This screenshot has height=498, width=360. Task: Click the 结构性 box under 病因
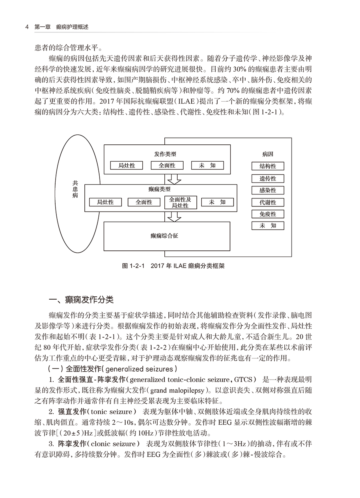tap(268, 166)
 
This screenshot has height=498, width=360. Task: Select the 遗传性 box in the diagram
tap(268, 178)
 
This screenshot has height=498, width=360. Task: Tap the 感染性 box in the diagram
tap(268, 190)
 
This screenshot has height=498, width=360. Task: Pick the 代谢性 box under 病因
tap(268, 202)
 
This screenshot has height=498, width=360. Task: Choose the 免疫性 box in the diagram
tap(268, 214)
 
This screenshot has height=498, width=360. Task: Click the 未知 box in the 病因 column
tap(268, 226)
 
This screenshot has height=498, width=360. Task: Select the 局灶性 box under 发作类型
tap(127, 166)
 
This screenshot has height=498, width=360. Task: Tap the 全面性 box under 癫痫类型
tap(144, 202)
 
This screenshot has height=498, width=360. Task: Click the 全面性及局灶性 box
tap(180, 202)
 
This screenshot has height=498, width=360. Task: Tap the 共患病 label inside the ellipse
tap(75, 189)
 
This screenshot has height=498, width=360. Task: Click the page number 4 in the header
tap(26, 27)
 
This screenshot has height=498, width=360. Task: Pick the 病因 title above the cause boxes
tap(268, 154)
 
